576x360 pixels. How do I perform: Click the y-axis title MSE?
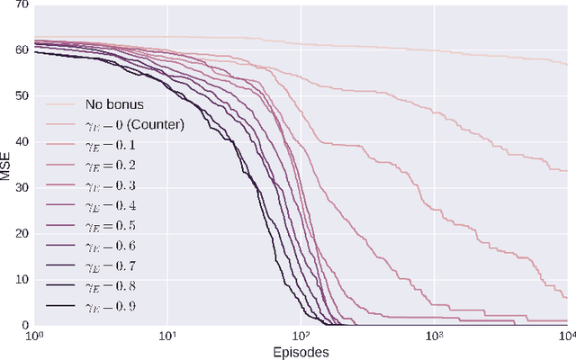coord(8,165)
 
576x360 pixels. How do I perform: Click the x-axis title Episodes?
coord(300,352)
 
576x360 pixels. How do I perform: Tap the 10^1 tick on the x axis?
coord(167,336)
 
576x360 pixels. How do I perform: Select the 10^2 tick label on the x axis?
coord(301,336)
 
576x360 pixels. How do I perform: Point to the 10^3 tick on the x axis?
coord(435,336)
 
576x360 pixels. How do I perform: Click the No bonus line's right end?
coord(567,64)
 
